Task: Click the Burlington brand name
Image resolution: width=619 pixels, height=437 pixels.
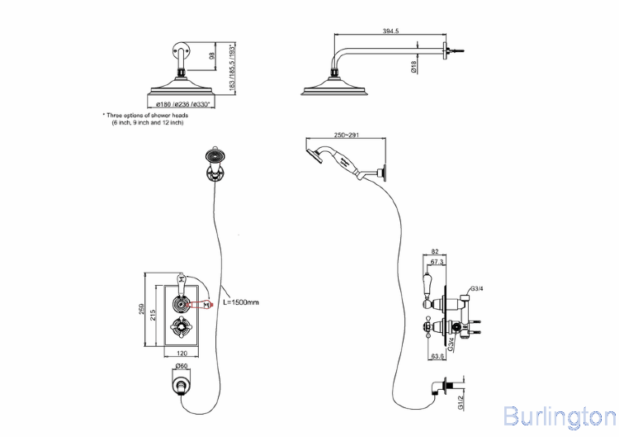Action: coord(559,415)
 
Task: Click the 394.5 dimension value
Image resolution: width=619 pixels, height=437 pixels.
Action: coord(391,31)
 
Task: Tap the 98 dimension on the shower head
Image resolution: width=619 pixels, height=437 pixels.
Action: coord(211,55)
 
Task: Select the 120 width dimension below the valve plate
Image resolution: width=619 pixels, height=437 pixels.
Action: coord(180,353)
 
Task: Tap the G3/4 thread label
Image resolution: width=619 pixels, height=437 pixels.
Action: coord(475,289)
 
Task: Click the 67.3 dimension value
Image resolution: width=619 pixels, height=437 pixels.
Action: coord(437,261)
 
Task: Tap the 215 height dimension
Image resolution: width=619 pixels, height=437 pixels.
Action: coord(154,312)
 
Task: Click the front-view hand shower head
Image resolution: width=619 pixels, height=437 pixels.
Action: coord(215,156)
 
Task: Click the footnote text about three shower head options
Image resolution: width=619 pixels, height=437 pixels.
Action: coord(146,119)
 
